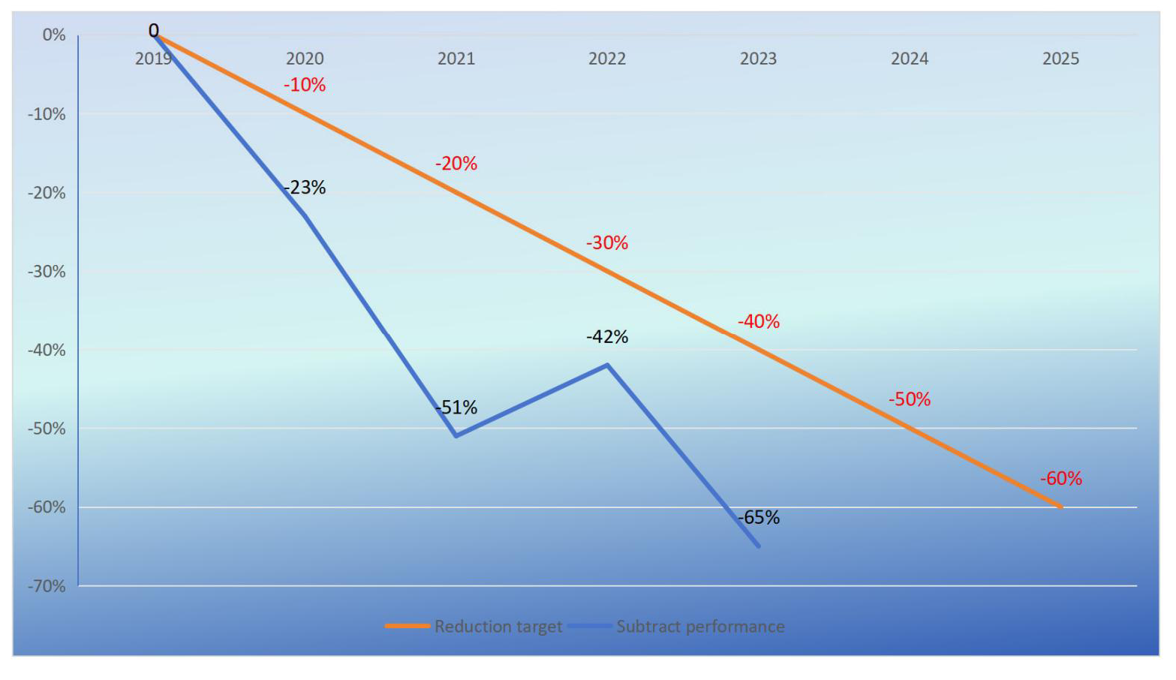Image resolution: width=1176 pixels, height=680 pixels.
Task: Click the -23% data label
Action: coord(305,188)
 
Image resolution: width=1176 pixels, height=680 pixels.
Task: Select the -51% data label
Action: coord(456,408)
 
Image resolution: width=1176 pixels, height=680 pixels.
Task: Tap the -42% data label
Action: coord(607,337)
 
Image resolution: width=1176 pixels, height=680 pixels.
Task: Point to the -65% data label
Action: coord(759,517)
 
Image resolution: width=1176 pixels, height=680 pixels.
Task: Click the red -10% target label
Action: coord(305,85)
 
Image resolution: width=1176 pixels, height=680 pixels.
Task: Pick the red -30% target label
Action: coord(607,243)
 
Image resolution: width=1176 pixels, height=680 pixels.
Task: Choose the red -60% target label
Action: coord(1060,478)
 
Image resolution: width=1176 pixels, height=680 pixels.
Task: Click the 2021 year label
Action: coord(456,59)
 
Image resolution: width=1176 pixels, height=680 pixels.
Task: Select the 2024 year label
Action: coord(910,59)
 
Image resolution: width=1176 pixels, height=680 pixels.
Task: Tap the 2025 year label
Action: coord(1060,59)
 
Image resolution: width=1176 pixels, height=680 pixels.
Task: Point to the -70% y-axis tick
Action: coord(47,586)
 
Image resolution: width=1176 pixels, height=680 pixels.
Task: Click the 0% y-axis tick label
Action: coord(54,35)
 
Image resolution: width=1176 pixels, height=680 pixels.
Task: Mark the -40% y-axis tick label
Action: coord(47,351)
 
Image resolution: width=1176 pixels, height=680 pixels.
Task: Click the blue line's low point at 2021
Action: coord(456,435)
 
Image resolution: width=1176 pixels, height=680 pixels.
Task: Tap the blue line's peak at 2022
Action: coord(607,365)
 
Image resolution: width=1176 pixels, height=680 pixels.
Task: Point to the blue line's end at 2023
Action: coord(759,546)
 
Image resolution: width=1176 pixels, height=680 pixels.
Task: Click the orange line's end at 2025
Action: coord(1060,507)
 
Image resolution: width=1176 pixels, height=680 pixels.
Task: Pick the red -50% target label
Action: coord(910,399)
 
